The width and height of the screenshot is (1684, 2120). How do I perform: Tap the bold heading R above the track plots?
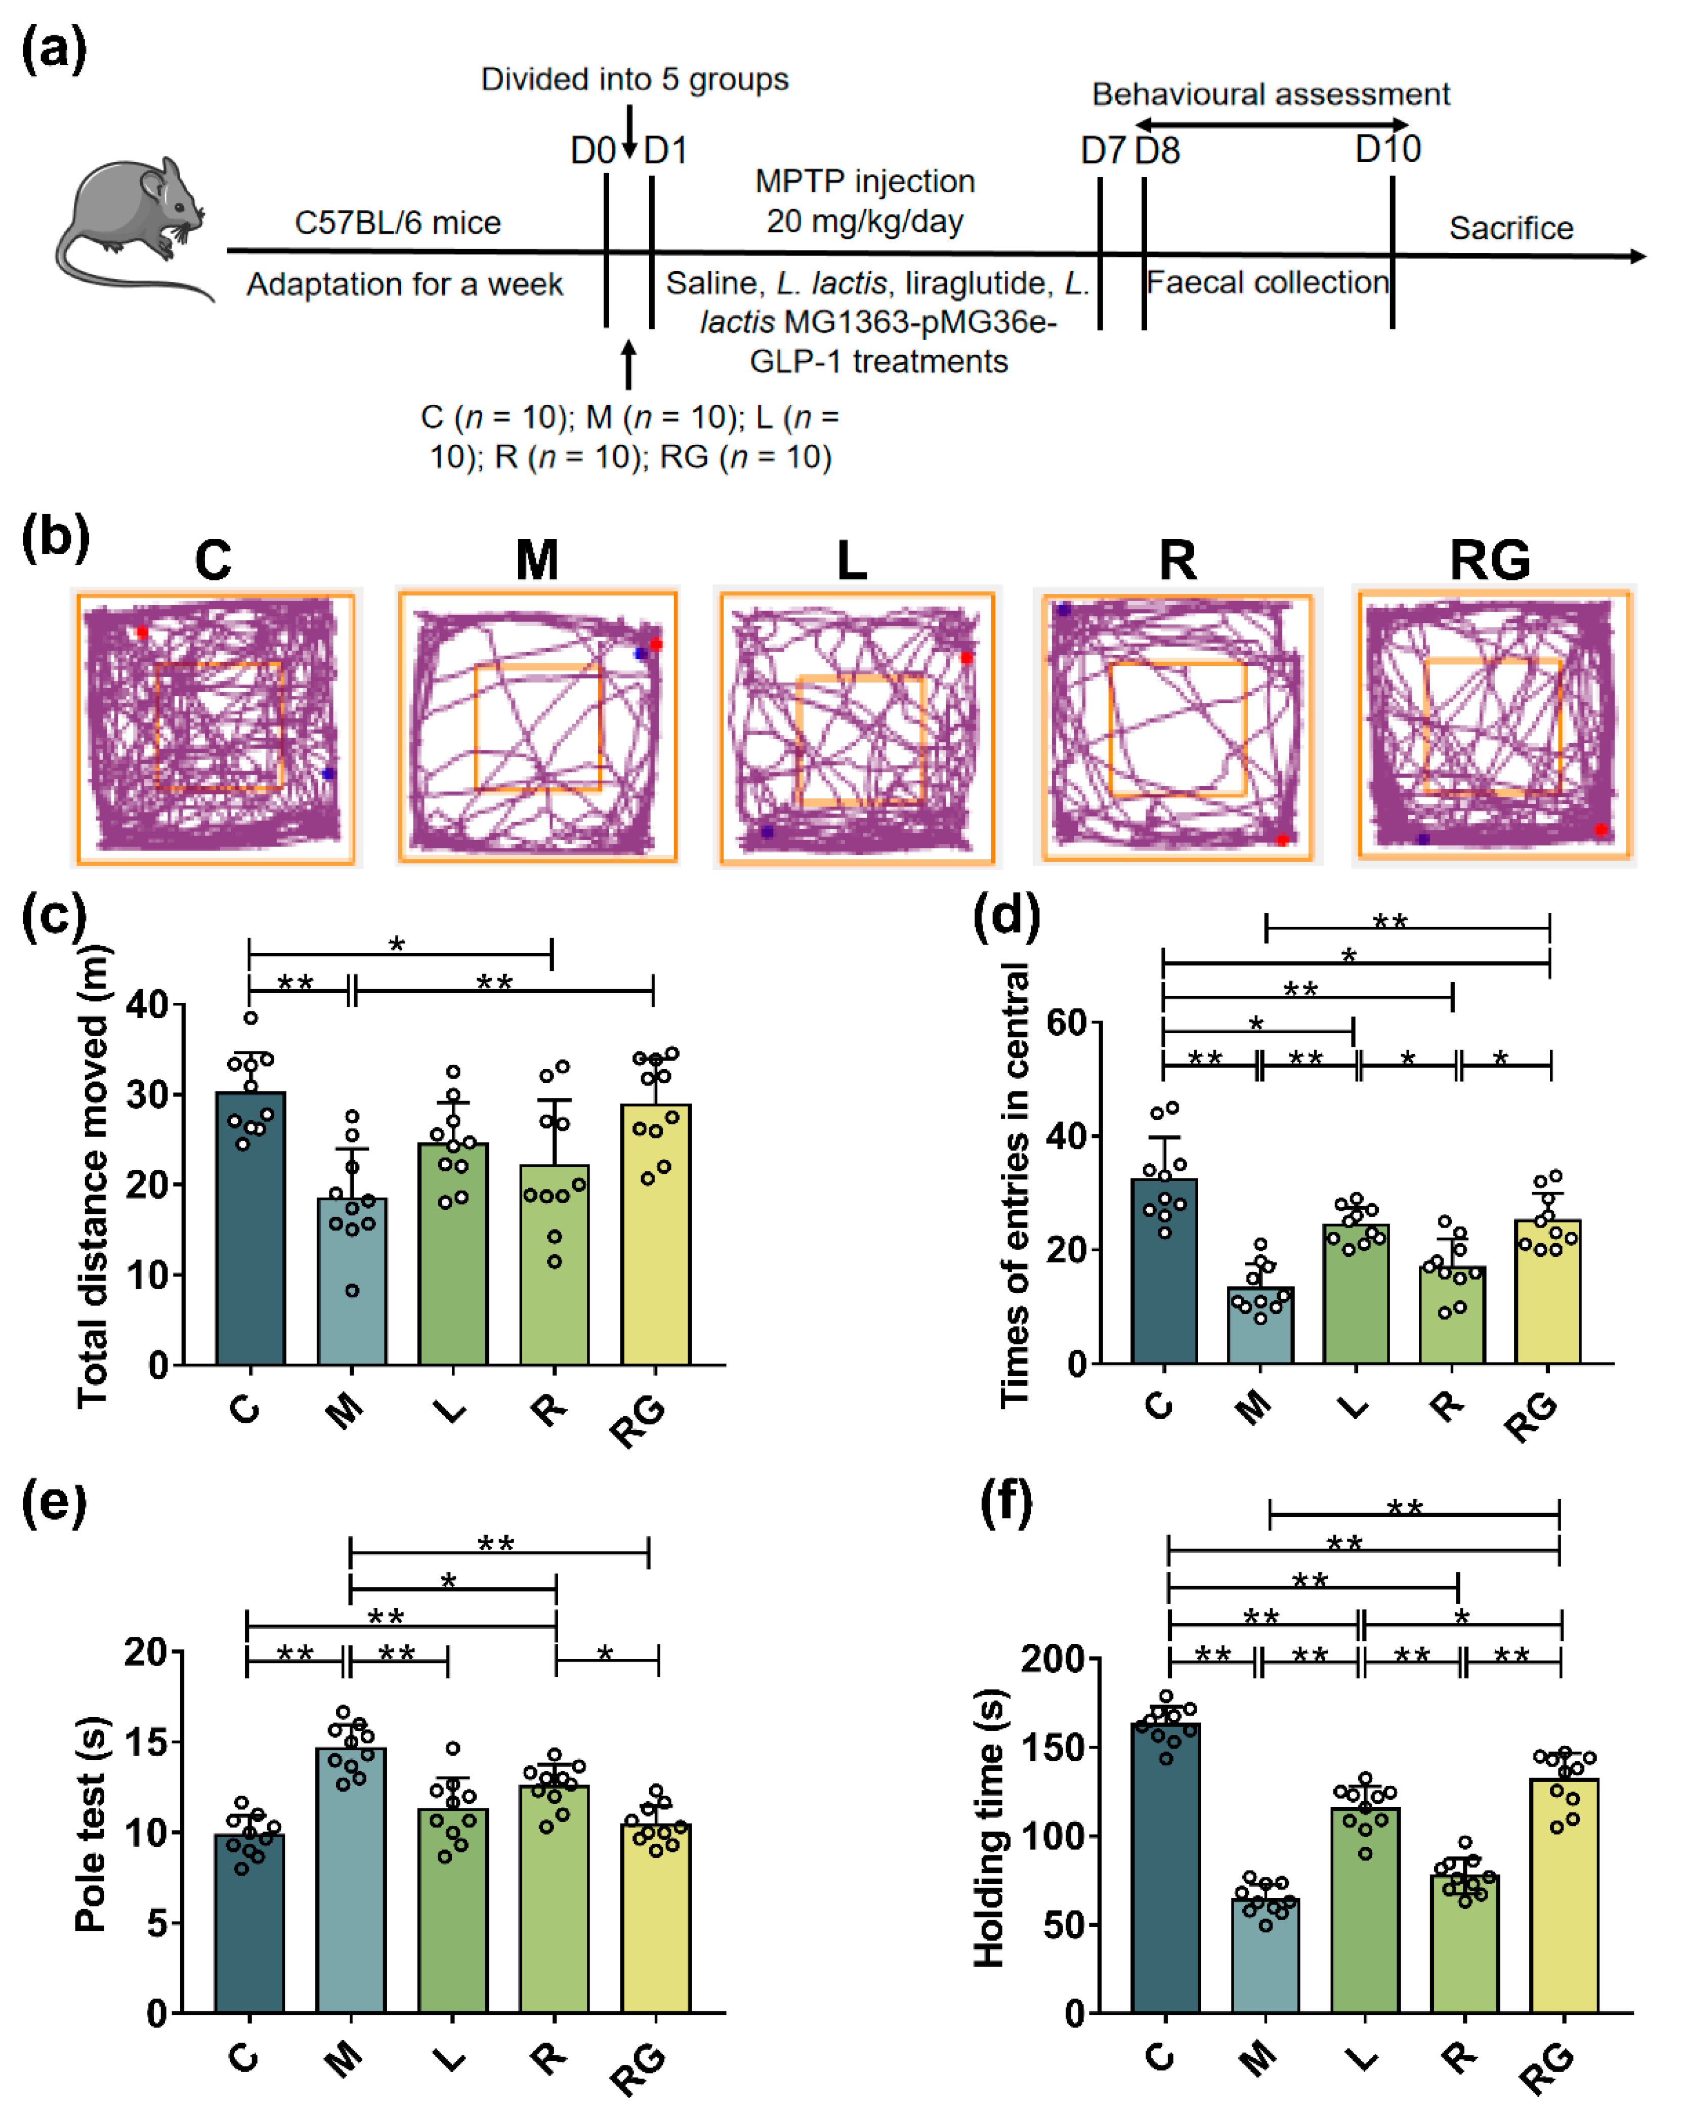point(1177,561)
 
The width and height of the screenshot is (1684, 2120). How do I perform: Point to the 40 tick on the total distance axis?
point(148,1005)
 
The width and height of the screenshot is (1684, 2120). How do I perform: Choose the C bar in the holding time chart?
point(1166,1868)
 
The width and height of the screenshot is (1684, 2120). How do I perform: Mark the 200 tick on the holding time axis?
point(1052,1659)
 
